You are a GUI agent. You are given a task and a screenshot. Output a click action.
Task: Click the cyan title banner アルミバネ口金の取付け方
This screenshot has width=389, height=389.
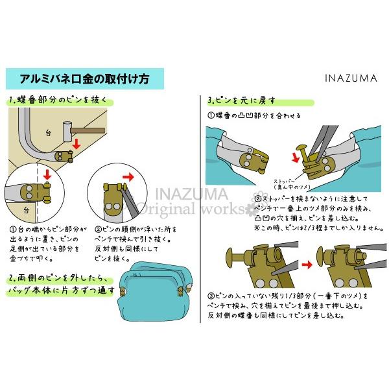[x=84, y=80]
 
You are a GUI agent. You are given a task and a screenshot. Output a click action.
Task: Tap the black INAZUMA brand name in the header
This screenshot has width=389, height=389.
[x=350, y=78]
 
